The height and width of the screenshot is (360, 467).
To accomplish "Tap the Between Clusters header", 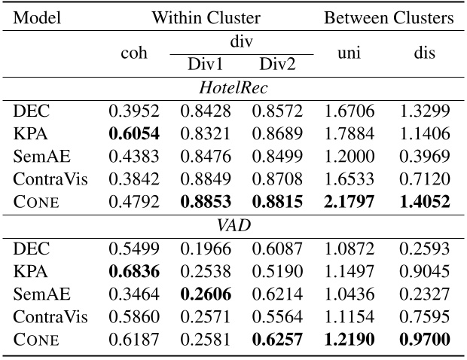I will [x=389, y=18].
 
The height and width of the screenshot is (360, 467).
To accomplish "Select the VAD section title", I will [x=233, y=225].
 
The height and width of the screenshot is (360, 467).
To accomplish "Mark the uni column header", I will [x=350, y=53].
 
